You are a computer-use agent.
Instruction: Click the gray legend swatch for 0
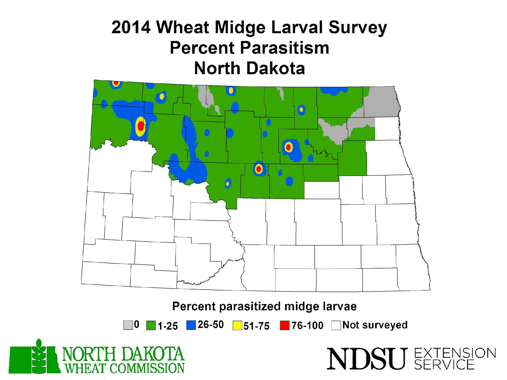(128, 325)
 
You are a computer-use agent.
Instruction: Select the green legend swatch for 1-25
(151, 326)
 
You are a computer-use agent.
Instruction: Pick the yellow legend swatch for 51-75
(237, 326)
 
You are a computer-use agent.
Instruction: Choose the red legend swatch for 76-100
(285, 326)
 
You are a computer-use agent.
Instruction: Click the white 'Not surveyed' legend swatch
(336, 325)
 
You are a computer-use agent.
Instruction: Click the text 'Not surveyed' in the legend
(375, 325)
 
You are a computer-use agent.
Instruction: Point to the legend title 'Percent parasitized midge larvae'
(264, 306)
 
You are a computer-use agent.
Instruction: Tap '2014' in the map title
(131, 27)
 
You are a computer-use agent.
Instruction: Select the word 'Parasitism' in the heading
(285, 48)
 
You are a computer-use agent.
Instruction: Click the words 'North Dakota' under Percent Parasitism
(249, 68)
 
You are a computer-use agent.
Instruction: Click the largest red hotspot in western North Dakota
(141, 126)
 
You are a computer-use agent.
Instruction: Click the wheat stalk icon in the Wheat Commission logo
(39, 356)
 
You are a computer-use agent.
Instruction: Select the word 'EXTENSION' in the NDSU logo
(455, 353)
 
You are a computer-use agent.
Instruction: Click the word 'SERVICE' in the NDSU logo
(444, 365)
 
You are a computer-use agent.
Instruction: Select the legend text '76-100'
(307, 326)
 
